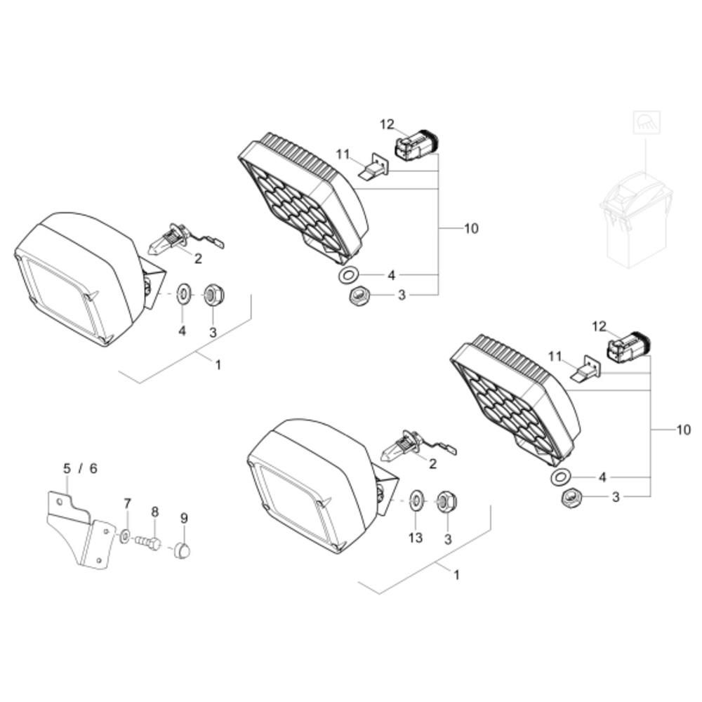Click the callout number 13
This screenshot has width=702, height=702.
pyautogui.click(x=416, y=537)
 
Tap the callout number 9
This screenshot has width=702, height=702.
pyautogui.click(x=184, y=518)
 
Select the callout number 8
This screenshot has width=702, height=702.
pyautogui.click(x=155, y=511)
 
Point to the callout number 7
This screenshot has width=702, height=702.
pyautogui.click(x=127, y=503)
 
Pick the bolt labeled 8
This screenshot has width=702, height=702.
pyautogui.click(x=148, y=543)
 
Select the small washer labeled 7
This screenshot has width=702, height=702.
pyautogui.click(x=125, y=535)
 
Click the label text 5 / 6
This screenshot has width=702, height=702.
pyautogui.click(x=80, y=469)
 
